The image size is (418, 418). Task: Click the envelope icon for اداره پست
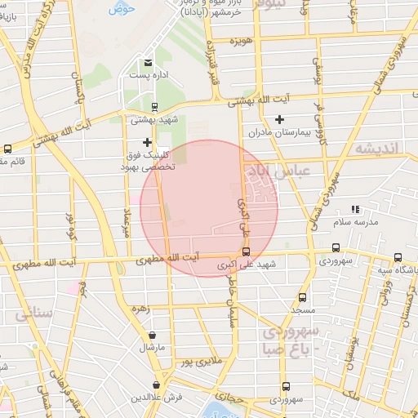(148, 63)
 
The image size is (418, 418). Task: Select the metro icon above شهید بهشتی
(154, 106)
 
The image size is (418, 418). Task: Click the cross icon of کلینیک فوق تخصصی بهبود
(147, 143)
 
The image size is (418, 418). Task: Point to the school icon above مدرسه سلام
(354, 210)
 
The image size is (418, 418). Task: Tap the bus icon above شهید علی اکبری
(247, 252)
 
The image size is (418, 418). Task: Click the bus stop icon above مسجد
(303, 298)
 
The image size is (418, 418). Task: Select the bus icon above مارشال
(153, 334)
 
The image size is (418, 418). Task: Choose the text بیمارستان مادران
(258, 131)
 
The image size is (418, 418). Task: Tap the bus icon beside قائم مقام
(7, 149)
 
